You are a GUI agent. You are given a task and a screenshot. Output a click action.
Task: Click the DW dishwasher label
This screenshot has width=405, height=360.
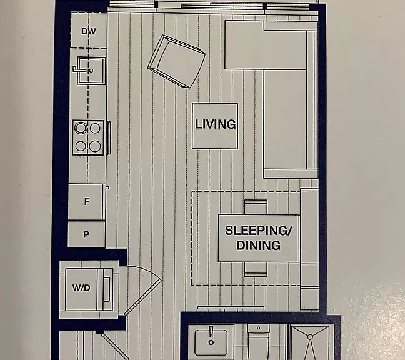coord(89,31)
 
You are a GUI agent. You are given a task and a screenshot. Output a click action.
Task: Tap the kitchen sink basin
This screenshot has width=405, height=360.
coord(91,71)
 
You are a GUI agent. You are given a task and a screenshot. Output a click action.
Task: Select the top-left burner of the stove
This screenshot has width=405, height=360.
coord(81,128)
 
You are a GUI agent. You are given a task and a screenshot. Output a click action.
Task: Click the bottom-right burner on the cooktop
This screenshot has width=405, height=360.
coord(95,146)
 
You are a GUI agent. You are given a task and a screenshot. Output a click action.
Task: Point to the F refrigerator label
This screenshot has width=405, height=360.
coord(87,201)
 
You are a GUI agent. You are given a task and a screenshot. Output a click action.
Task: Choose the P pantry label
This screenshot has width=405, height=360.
coord(86,234)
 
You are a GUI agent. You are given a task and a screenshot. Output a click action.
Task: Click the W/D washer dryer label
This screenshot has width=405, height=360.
coord(81,287)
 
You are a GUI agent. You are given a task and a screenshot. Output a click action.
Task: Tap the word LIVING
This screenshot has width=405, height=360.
coord(215,124)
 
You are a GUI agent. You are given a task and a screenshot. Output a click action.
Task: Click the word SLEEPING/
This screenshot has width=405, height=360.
coord(259,231)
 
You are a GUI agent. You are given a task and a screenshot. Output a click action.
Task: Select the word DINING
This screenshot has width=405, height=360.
coord(259,246)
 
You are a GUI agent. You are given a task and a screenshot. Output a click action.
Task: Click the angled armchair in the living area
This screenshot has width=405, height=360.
coord(176,61)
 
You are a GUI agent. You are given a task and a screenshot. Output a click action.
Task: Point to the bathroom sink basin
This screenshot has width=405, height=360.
coord(211,342)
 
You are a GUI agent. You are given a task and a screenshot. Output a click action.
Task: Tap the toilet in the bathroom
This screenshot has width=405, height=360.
coord(258,341)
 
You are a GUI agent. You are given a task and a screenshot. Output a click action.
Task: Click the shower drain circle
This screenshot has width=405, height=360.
coord(310,337)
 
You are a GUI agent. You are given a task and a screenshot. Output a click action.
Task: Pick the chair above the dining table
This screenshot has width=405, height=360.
coord(256,207)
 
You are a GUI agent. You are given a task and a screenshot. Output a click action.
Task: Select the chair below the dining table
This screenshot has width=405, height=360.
coord(256,269)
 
